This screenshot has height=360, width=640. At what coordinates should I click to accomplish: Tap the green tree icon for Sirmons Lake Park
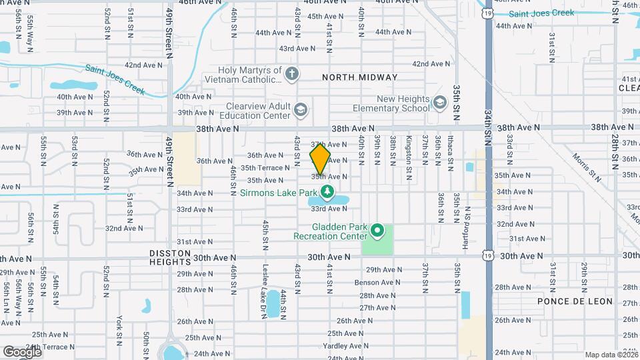coord(327,193)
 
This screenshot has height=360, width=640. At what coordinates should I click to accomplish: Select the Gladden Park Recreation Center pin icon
coord(377,231)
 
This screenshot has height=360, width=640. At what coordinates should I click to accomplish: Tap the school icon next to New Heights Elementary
coord(439,103)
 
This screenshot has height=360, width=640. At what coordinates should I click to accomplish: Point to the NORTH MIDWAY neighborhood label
coord(359,77)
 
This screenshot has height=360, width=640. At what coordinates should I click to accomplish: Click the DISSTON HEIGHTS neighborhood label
coord(171,257)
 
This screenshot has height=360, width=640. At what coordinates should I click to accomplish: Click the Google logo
coord(22,351)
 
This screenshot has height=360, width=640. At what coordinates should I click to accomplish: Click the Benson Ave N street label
coord(377,282)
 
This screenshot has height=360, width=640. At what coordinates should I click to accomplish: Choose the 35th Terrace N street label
coord(265,168)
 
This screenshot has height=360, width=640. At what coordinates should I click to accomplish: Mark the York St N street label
coord(119,327)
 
